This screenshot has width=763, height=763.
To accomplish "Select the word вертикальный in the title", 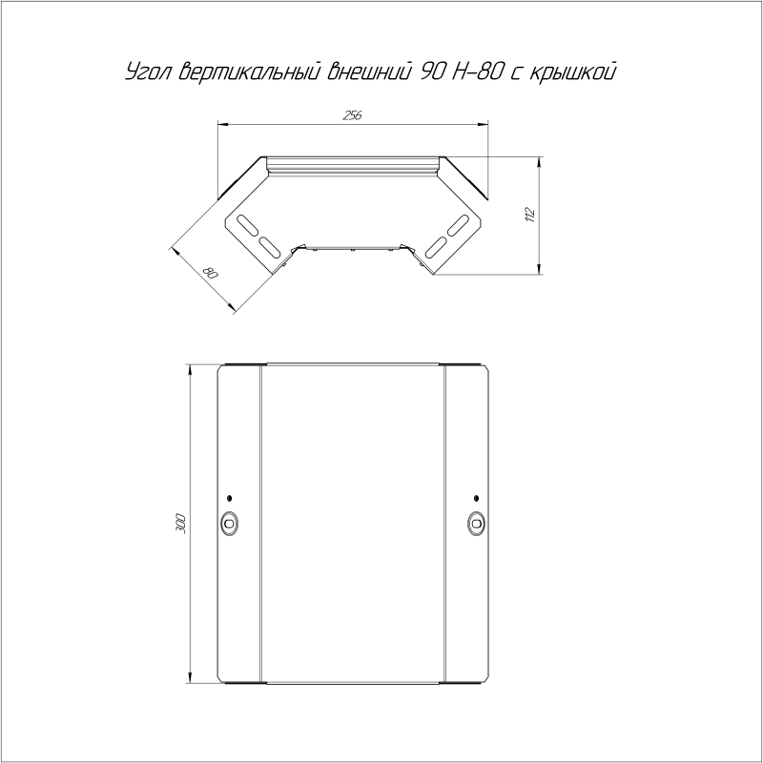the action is pyautogui.click(x=249, y=72).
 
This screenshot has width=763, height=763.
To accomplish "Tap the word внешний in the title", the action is pyautogui.click(x=367, y=72).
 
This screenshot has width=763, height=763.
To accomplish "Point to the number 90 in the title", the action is pyautogui.click(x=430, y=72).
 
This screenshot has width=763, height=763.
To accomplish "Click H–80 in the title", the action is pyautogui.click(x=476, y=72).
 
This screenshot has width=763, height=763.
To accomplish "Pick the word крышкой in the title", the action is pyautogui.click(x=573, y=72).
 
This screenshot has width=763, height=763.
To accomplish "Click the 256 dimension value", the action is pyautogui.click(x=352, y=115).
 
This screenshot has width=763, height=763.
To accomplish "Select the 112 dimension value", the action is pyautogui.click(x=530, y=215).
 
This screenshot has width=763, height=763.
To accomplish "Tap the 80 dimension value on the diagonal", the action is pyautogui.click(x=211, y=273).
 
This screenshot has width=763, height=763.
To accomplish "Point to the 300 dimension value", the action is pyautogui.click(x=180, y=523).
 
